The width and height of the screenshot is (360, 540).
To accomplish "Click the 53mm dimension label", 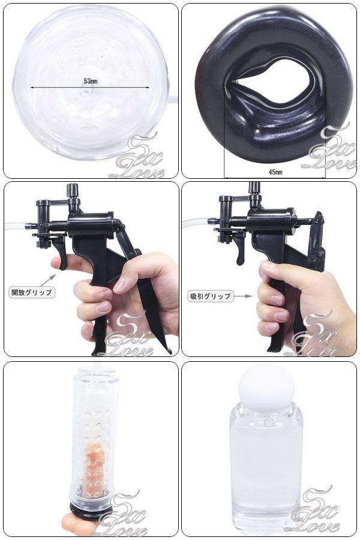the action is click(x=91, y=81).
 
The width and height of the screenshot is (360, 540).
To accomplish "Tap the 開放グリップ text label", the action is click(x=32, y=292).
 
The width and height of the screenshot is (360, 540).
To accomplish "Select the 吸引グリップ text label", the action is click(x=210, y=296).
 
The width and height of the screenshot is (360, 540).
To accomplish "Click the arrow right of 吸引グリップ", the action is click(x=244, y=296).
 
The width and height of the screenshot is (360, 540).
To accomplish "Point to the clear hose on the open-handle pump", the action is click(x=16, y=226).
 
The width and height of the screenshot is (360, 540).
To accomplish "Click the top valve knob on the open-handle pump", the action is click(x=72, y=190).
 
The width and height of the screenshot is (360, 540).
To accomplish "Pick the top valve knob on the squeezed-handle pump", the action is click(x=254, y=187).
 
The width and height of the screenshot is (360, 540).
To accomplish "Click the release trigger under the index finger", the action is click(x=61, y=253).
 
